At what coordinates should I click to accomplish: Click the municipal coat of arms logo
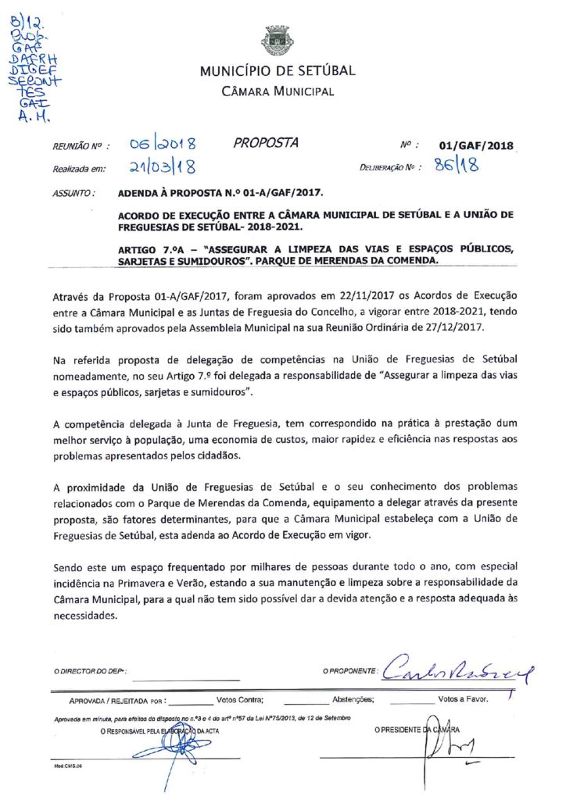277,40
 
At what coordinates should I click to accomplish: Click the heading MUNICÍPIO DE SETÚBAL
278,71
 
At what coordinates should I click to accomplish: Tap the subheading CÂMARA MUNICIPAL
278,91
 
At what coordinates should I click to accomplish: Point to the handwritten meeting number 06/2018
163,145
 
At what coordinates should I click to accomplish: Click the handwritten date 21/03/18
163,166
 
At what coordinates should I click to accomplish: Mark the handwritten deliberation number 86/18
457,166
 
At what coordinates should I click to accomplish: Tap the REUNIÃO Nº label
79,146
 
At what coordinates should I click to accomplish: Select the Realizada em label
79,167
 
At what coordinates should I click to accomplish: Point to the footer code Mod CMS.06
67,766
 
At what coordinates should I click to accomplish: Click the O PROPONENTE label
351,671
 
